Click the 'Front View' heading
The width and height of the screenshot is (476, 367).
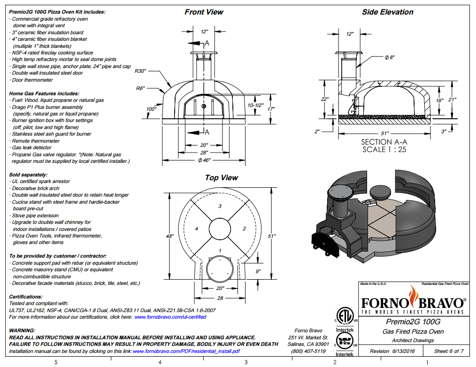(204, 12)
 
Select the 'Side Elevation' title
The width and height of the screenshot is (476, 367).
(387, 12)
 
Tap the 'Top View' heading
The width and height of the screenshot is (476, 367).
(221, 178)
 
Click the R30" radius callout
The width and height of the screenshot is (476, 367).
(141, 71)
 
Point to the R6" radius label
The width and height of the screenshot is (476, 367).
(140, 88)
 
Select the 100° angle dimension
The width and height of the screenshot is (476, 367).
(151, 109)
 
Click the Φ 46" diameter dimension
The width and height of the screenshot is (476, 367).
(204, 160)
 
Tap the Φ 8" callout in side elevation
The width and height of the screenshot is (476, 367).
(390, 57)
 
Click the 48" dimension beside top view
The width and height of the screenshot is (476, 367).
(169, 237)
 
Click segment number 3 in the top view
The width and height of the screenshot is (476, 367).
(220, 206)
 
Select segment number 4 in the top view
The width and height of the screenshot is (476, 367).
(197, 229)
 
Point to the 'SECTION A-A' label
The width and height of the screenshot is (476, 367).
(384, 142)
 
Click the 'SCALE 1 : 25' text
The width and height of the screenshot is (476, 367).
(384, 150)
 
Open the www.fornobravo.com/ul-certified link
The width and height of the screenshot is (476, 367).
(170, 317)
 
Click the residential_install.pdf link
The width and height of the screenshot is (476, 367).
(187, 351)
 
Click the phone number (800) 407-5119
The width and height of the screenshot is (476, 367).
(308, 351)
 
